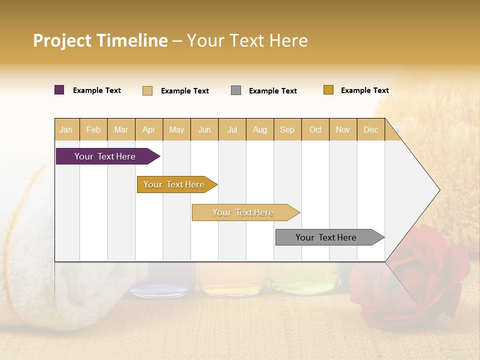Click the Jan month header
click(66, 129)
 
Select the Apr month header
click(149, 129)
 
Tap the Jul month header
click(232, 129)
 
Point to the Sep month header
click(287, 129)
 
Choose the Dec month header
click(370, 129)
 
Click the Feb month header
click(93, 129)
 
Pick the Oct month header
click(315, 129)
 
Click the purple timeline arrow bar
click(105, 156)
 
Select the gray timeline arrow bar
click(326, 237)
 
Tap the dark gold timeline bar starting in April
click(174, 184)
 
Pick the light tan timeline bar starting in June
click(243, 212)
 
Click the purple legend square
click(59, 90)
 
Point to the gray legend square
click(236, 90)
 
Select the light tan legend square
click(147, 90)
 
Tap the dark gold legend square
click(328, 90)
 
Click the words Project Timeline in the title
click(100, 40)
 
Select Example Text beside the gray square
click(273, 91)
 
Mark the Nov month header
click(343, 129)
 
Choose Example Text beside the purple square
click(97, 90)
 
